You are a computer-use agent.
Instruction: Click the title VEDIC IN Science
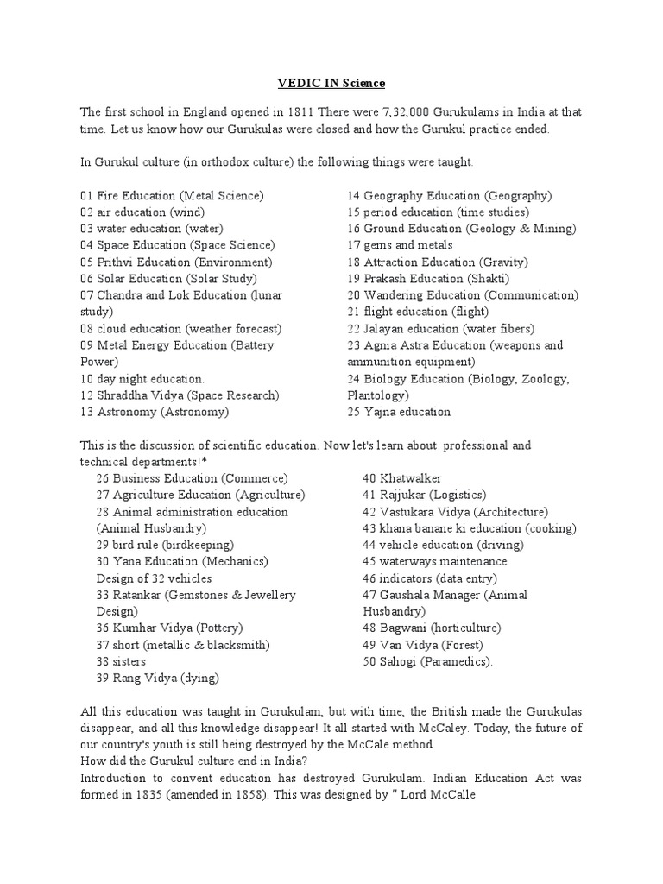(331, 83)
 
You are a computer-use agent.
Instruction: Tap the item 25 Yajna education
(399, 412)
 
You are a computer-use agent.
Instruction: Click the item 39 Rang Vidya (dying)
(157, 678)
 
